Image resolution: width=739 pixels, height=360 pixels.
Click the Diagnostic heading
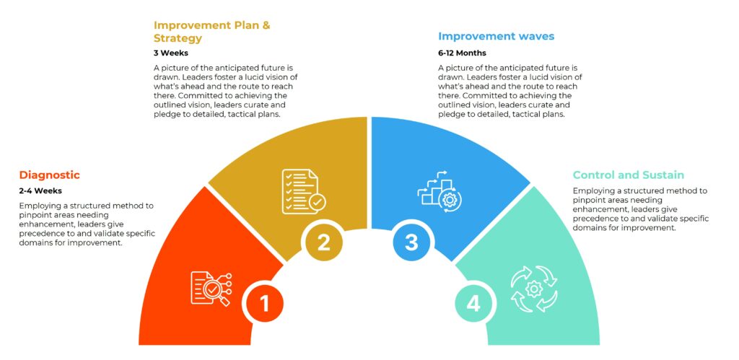pos(50,175)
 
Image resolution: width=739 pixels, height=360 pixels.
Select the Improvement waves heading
pos(497,36)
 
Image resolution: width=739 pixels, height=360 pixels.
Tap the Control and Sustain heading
pos(629,175)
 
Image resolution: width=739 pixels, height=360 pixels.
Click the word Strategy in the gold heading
pos(178,38)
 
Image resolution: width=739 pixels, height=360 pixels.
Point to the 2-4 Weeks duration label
pos(40,191)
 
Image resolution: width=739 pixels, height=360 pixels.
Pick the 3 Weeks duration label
pos(170,53)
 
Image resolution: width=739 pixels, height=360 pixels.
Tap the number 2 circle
pos(323,242)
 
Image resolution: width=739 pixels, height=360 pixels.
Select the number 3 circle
pos(411,242)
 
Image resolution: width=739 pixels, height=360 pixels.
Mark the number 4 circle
pos(473,304)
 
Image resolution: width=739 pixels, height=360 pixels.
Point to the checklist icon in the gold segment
pos(304,191)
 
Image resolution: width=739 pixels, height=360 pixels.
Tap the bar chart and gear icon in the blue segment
pos(440,191)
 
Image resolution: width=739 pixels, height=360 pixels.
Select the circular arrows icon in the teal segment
pos(534,289)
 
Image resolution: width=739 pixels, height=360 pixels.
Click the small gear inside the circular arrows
pos(534,289)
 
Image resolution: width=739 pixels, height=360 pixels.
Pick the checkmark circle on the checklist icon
pos(317,203)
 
